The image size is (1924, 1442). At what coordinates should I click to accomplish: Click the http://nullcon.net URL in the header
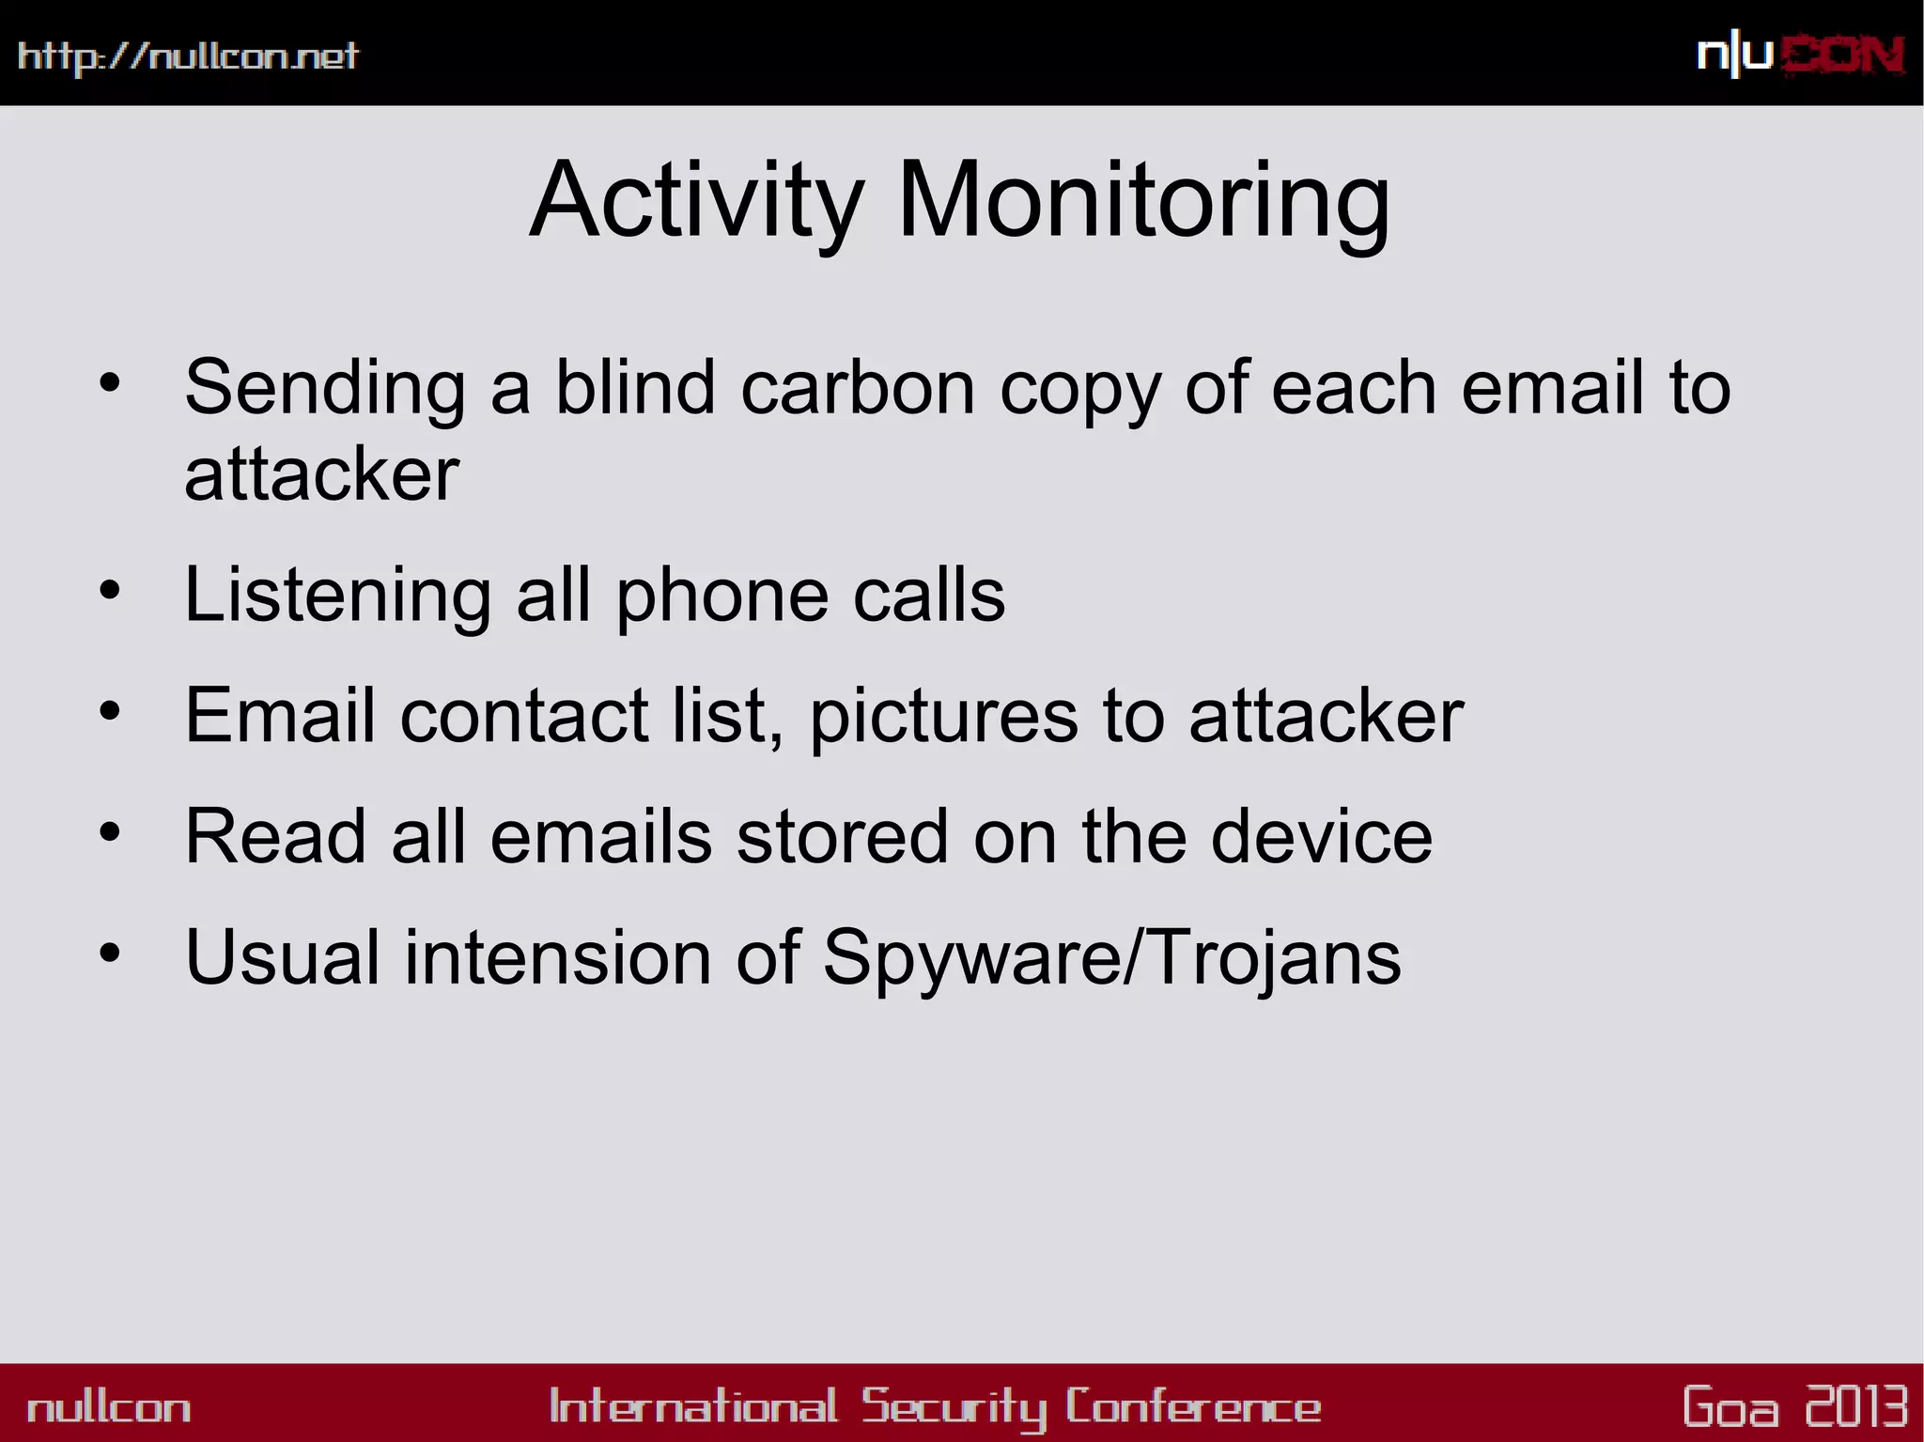point(188,56)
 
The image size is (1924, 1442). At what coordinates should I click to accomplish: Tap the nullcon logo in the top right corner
point(1800,55)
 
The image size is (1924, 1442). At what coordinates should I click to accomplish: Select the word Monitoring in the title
point(1143,202)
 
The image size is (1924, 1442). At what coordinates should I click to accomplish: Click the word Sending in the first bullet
point(325,388)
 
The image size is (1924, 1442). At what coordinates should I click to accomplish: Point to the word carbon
point(858,387)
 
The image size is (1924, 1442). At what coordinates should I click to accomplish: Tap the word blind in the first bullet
point(636,387)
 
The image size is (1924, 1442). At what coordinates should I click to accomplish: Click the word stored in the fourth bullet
point(842,836)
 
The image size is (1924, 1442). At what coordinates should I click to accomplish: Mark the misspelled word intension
point(558,957)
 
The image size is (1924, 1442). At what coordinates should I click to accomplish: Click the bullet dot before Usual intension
point(110,953)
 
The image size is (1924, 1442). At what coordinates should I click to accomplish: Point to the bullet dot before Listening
point(110,591)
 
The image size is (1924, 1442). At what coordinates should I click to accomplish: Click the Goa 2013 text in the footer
point(1794,1406)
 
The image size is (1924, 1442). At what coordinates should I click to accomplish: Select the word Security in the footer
point(954,1406)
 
